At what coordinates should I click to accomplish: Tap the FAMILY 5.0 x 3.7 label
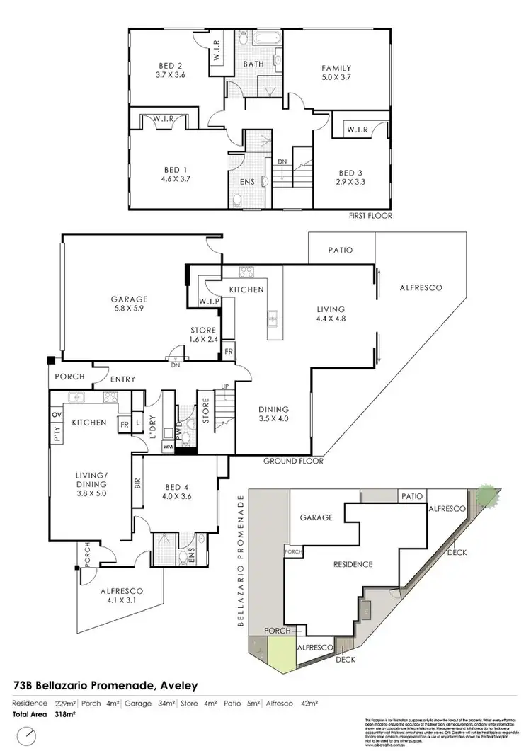337,73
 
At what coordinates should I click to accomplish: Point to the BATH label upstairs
253,64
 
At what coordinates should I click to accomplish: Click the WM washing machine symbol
168,447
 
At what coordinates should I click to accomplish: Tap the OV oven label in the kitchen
57,415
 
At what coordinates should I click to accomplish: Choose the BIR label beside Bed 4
137,483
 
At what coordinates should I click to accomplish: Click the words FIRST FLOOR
369,216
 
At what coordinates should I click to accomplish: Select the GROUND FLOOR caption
293,462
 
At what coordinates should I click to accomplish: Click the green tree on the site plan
486,493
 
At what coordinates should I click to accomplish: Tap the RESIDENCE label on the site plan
353,565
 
